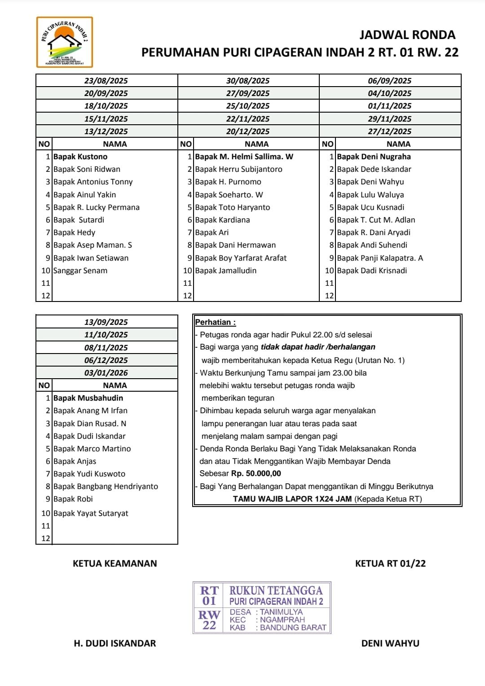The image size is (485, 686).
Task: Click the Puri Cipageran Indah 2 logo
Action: (64, 42)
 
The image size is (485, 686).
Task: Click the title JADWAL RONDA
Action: (407, 35)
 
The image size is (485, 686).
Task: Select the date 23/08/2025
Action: (106, 81)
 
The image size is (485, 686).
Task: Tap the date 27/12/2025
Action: (389, 131)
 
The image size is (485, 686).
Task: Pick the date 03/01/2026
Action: (106, 373)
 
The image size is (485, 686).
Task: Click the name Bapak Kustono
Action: (80, 157)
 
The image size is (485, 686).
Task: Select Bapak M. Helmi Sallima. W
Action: (244, 157)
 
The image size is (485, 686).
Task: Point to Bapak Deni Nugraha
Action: (374, 157)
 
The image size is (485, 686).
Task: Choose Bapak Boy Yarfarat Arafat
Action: (241, 258)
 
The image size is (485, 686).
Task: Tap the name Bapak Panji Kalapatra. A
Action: (380, 258)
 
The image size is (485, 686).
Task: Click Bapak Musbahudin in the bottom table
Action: (88, 398)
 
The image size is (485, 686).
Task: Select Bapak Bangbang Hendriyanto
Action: (106, 486)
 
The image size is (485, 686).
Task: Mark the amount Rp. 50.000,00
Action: (256, 474)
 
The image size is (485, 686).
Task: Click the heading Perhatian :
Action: (216, 322)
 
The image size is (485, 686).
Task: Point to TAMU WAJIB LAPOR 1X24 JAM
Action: (292, 499)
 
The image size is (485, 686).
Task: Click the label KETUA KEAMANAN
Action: (115, 564)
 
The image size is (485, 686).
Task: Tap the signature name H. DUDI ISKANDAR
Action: (115, 643)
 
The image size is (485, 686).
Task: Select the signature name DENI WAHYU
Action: (390, 643)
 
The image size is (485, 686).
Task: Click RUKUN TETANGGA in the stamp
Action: (276, 590)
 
